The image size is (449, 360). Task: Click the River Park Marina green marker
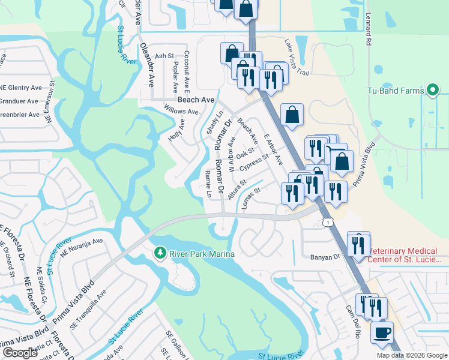[x=160, y=253]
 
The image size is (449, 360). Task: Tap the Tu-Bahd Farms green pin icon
[x=433, y=91]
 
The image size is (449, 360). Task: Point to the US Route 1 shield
[x=327, y=223]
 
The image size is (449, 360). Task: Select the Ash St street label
[x=164, y=56]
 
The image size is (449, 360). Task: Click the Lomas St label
[x=250, y=199]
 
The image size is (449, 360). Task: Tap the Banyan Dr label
[x=325, y=256]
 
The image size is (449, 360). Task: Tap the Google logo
[x=20, y=353]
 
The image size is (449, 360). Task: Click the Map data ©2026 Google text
[x=412, y=355]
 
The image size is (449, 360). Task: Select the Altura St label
[x=237, y=188]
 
